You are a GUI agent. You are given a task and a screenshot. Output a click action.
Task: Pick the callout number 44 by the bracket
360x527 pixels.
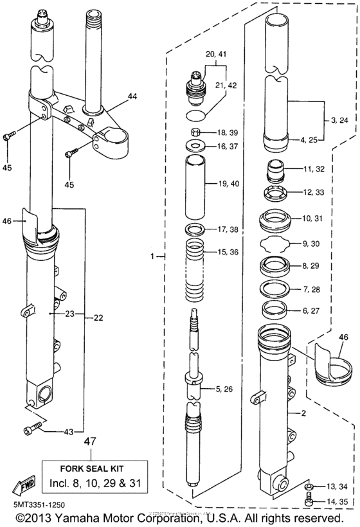[132, 96]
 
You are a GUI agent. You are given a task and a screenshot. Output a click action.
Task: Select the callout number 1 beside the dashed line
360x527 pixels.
[152, 256]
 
